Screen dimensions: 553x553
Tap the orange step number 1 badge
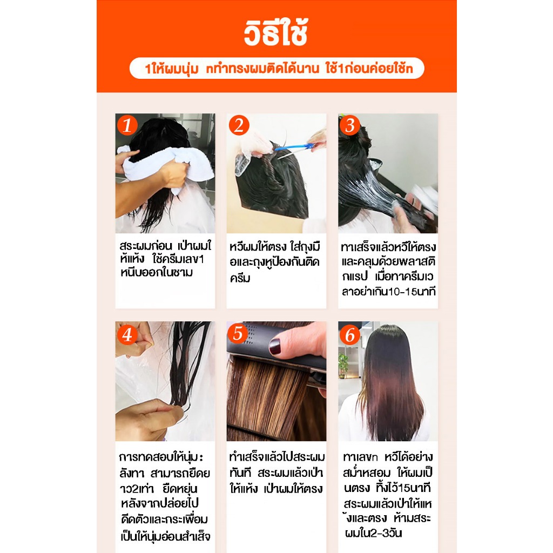click(x=127, y=125)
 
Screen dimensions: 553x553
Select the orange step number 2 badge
click(x=239, y=125)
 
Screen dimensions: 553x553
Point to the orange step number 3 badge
click(x=349, y=125)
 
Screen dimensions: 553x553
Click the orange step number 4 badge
click(x=127, y=334)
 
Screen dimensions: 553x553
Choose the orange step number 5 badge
click(x=238, y=333)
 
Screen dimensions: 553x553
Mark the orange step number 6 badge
click(x=349, y=334)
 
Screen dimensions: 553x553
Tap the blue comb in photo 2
click(x=293, y=147)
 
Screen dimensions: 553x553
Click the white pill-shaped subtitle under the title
click(x=276, y=68)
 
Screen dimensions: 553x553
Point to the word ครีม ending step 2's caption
click(x=240, y=278)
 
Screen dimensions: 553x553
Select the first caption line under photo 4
click(x=161, y=457)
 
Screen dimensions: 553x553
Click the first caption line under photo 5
click(x=276, y=457)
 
